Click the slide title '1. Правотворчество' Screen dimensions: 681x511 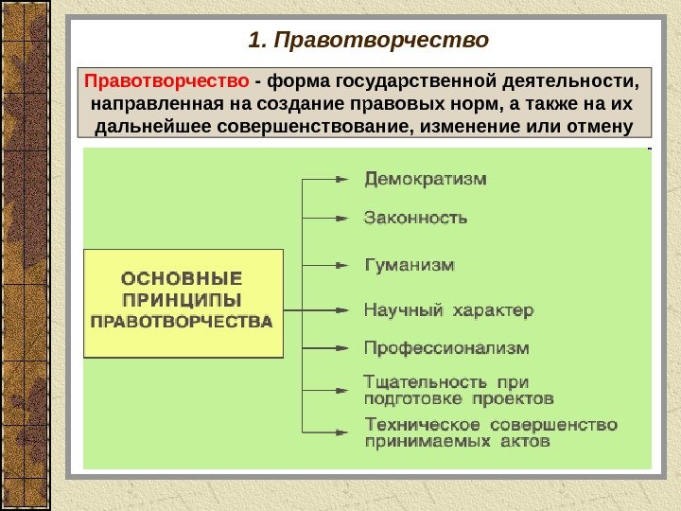(x=368, y=41)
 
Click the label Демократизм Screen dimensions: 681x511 (x=427, y=178)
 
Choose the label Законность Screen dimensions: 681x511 (x=415, y=218)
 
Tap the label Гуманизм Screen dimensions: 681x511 (x=410, y=264)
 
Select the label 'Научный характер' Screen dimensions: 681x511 (x=448, y=309)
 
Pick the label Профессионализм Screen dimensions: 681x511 (x=446, y=347)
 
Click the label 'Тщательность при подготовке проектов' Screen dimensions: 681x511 (x=459, y=390)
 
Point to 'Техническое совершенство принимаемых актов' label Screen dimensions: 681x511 (x=490, y=432)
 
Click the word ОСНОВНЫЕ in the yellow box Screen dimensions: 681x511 (x=183, y=278)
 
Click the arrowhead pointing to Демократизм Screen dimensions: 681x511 (x=342, y=178)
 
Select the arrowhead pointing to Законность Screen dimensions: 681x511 (x=342, y=218)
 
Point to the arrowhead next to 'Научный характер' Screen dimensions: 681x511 (x=342, y=309)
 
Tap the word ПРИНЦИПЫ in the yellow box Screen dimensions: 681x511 (x=183, y=299)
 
